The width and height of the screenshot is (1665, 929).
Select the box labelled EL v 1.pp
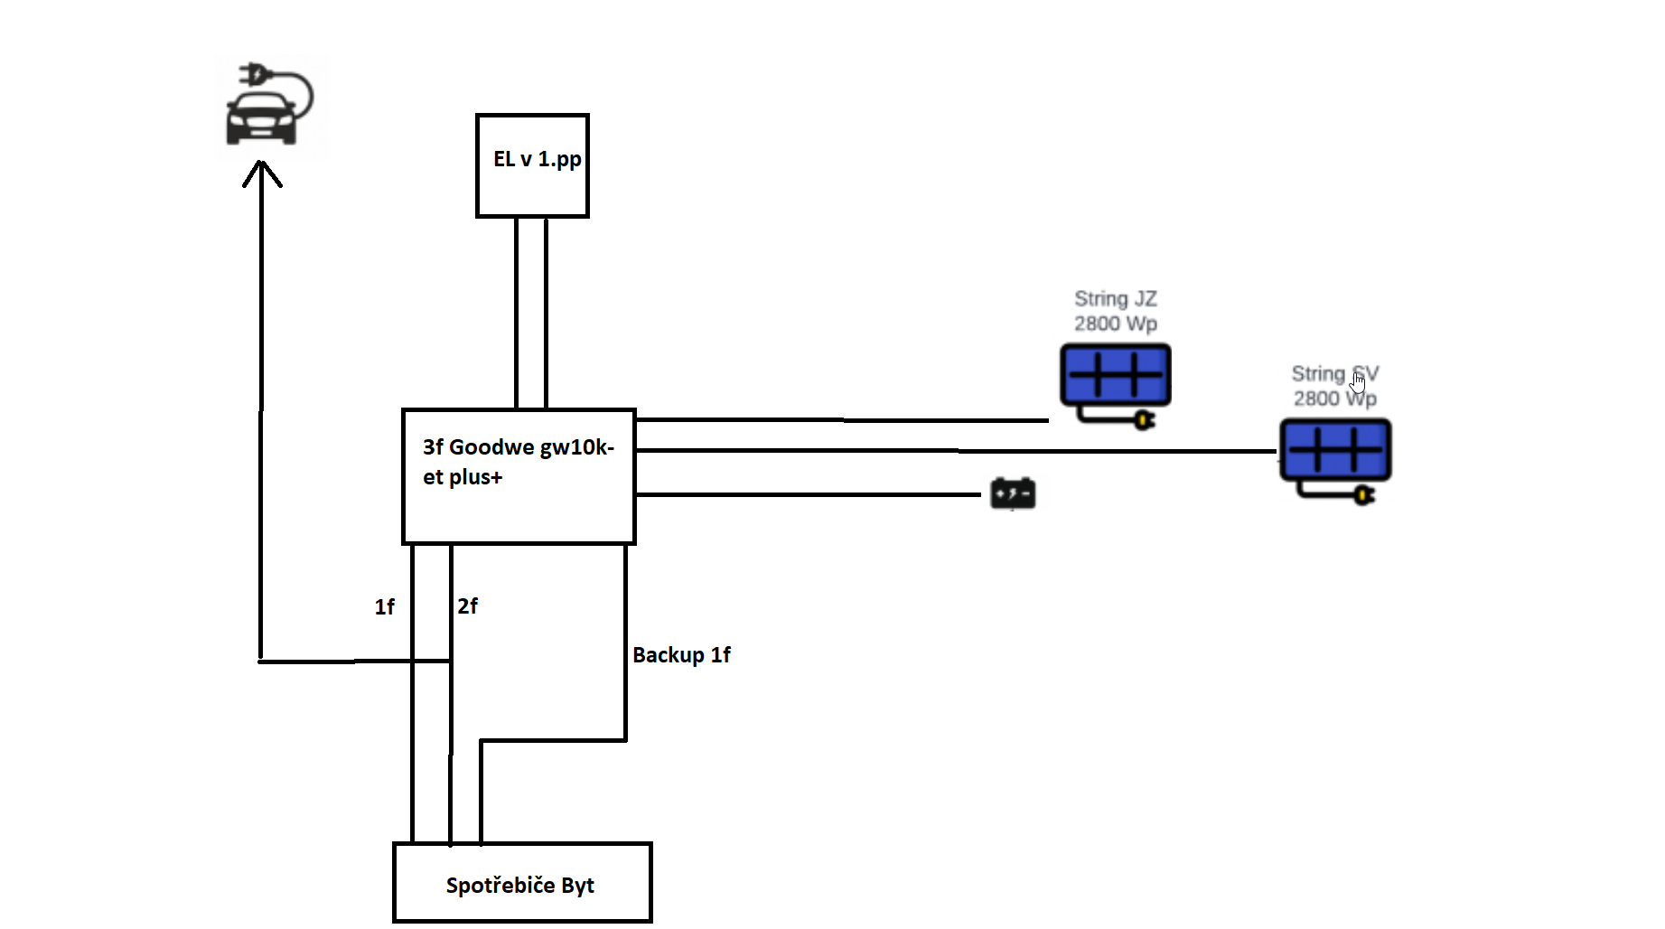click(532, 165)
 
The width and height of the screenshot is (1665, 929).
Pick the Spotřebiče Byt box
click(522, 883)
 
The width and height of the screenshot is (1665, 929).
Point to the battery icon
click(1013, 493)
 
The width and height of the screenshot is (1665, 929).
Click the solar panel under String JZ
click(1116, 374)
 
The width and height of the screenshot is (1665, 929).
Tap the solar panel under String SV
click(1335, 449)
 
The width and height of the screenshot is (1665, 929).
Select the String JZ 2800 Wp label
click(1116, 311)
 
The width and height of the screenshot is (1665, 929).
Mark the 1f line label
click(385, 607)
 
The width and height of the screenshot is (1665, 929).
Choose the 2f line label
click(467, 606)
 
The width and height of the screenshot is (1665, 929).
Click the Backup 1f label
click(681, 655)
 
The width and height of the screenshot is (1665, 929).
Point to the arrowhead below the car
click(262, 172)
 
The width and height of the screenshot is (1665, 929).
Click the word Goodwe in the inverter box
click(491, 447)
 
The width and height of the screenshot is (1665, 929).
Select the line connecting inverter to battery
click(809, 494)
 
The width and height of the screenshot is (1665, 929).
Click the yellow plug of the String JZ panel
click(1145, 420)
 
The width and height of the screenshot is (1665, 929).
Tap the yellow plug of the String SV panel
click(1364, 495)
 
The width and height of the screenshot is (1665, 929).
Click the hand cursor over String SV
click(1358, 382)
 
